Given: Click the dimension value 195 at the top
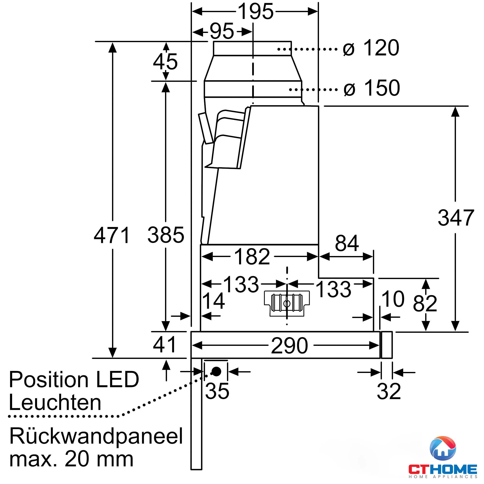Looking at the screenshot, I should click(x=255, y=12).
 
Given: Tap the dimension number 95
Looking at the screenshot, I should click(x=222, y=31).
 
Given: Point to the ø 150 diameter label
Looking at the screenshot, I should click(x=372, y=88).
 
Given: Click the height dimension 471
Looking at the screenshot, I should click(x=112, y=235).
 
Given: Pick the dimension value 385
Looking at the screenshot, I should click(x=166, y=235).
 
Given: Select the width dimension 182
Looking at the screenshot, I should click(x=252, y=257).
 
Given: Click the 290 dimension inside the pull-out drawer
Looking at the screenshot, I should click(x=289, y=346).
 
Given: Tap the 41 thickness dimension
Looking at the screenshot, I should click(x=165, y=345).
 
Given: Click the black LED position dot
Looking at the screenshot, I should click(x=216, y=371).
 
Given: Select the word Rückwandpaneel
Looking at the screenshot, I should click(x=96, y=436).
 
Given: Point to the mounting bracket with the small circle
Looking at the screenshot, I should click(x=287, y=303).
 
